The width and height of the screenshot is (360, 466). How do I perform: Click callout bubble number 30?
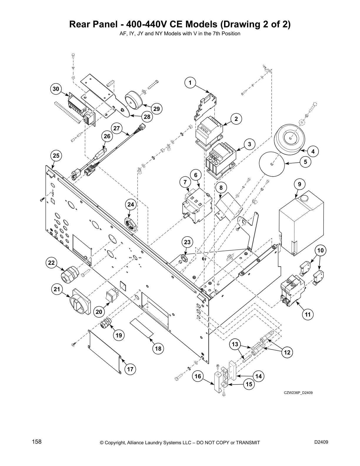pyautogui.click(x=56, y=89)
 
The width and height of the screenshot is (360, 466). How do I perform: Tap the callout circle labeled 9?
pyautogui.click(x=299, y=184)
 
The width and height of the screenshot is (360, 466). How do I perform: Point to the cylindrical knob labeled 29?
pyautogui.click(x=134, y=100)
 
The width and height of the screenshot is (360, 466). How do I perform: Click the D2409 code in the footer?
pyautogui.click(x=321, y=442)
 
